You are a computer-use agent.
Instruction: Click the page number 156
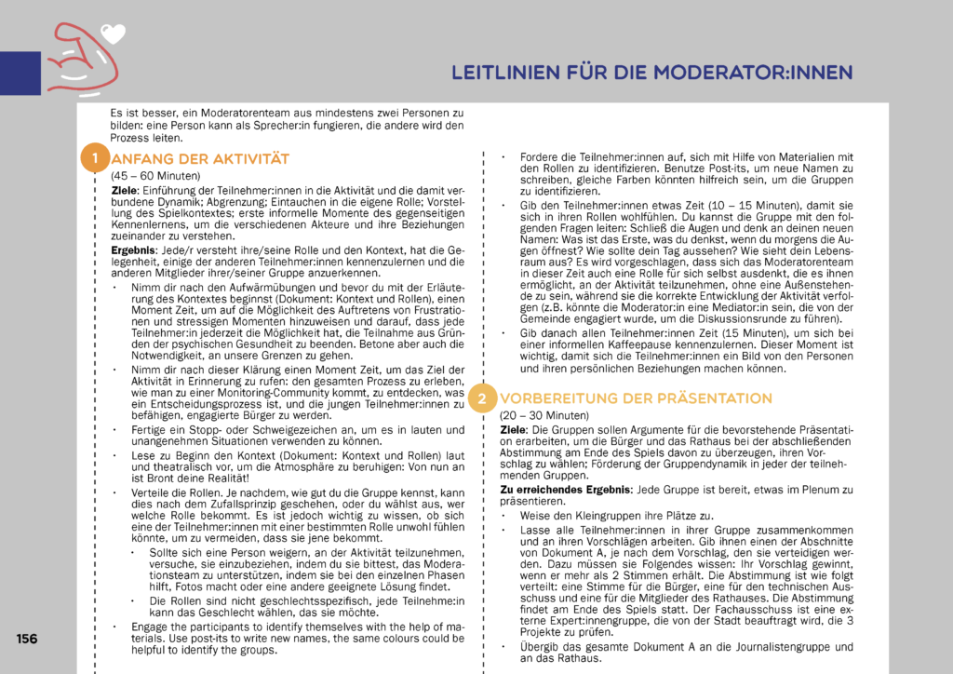(26, 639)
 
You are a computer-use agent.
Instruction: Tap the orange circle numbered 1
(94, 156)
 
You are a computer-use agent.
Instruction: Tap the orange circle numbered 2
(482, 398)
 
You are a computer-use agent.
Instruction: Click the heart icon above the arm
(113, 34)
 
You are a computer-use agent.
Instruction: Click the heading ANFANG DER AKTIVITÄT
(200, 158)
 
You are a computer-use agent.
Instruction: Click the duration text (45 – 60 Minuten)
(155, 175)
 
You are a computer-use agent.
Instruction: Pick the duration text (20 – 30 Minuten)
(544, 415)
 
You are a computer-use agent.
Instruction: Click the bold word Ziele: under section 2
(514, 428)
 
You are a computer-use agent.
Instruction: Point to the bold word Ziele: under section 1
(125, 190)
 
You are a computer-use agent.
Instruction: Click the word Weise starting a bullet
(535, 515)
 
